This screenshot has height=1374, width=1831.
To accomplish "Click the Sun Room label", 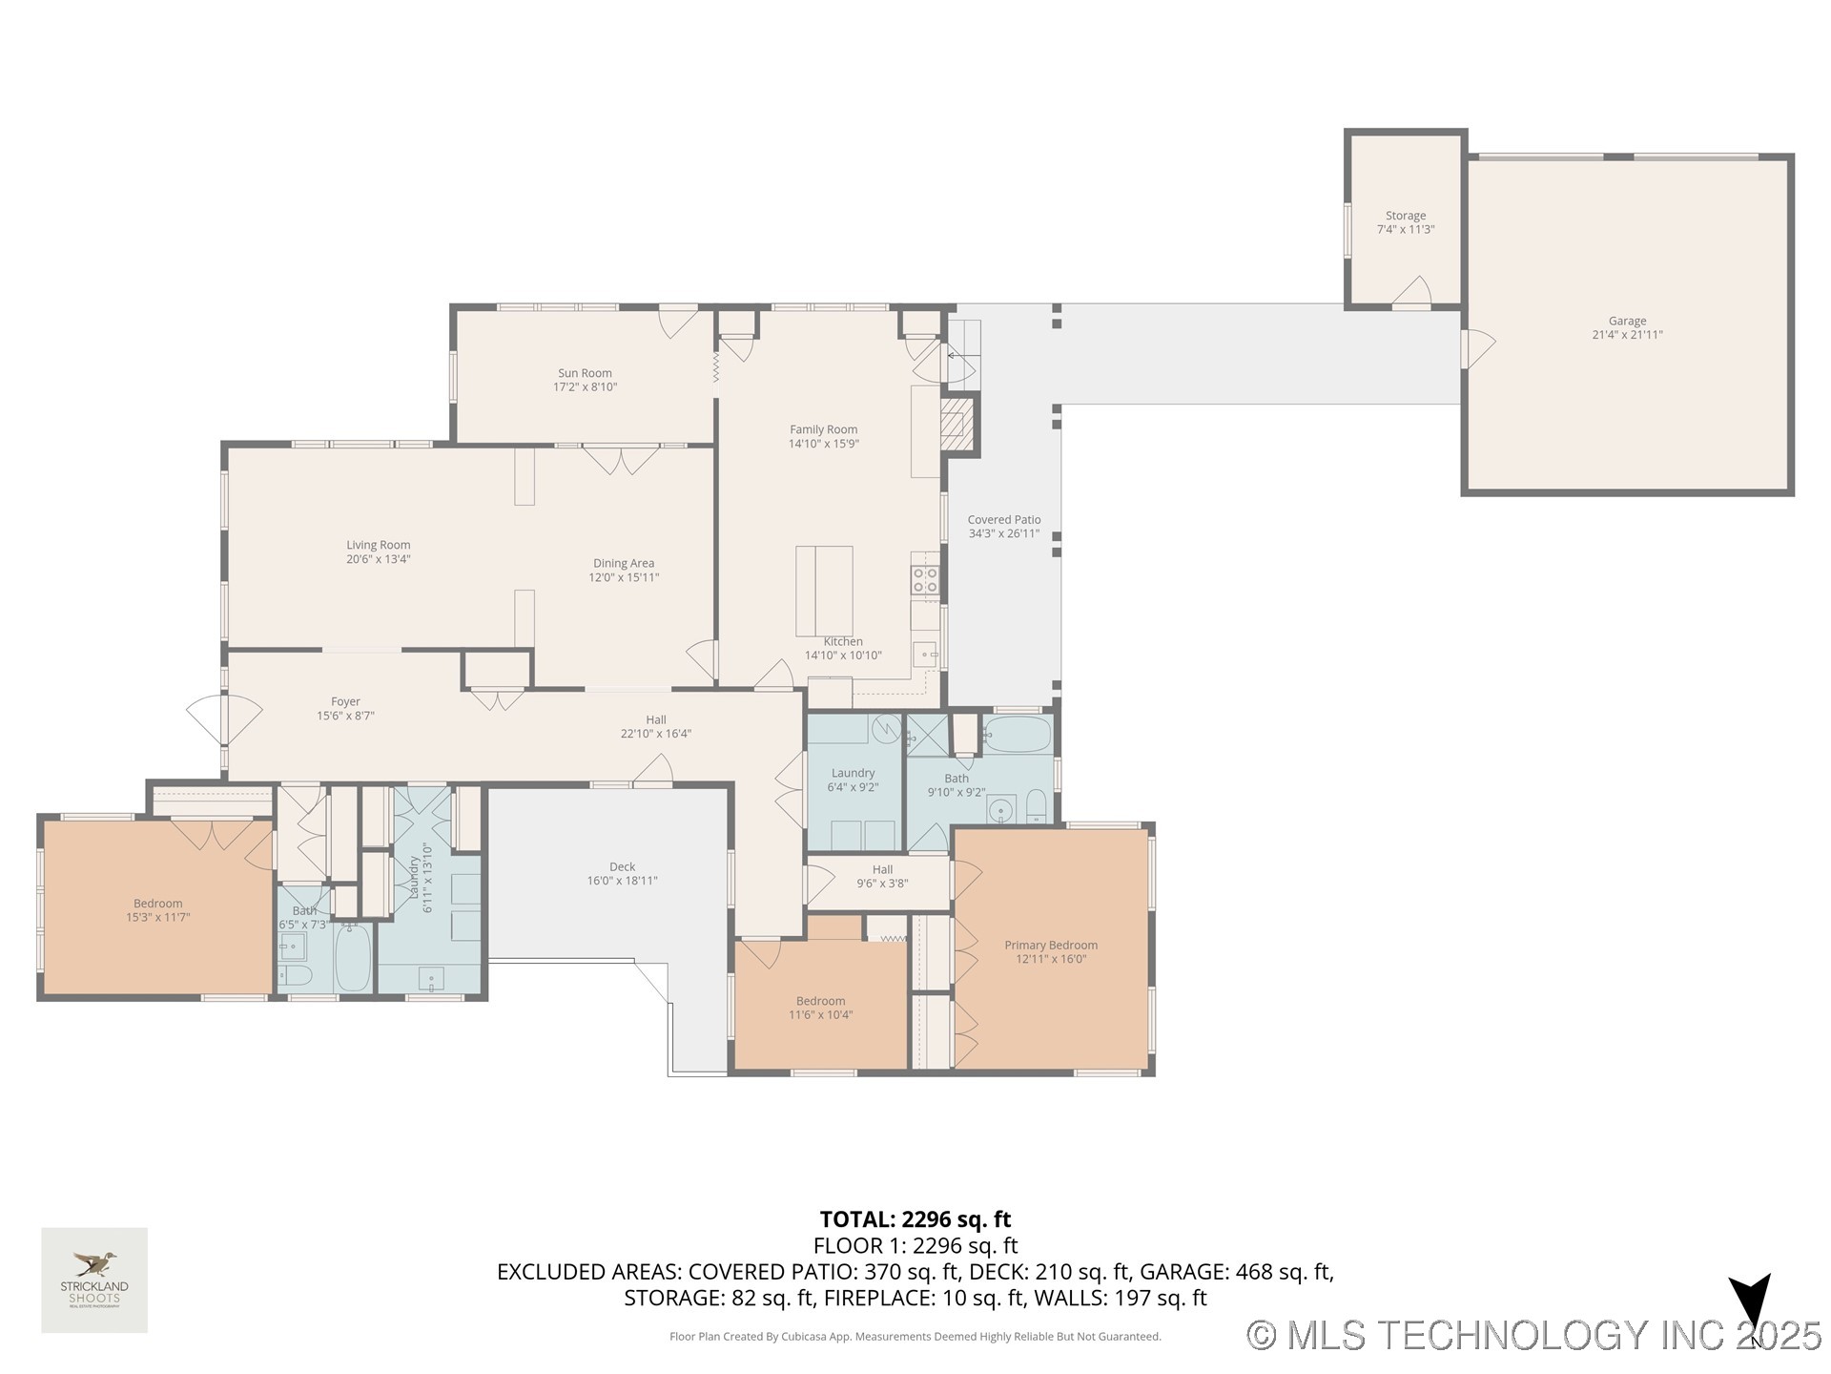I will coord(585,373).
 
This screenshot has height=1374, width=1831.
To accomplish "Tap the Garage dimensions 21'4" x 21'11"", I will coord(1627,335).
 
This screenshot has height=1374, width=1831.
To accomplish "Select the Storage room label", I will coord(1405,216).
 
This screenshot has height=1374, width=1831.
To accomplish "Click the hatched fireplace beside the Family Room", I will coord(957,424).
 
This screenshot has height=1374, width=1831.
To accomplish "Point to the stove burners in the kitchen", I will coord(925,579).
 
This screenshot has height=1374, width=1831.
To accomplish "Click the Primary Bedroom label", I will coord(1050,945).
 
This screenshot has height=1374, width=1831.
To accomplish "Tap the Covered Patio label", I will coord(1003,520).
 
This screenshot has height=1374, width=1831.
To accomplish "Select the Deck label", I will coord(622,866).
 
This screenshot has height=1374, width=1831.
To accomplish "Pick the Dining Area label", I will coord(623,563).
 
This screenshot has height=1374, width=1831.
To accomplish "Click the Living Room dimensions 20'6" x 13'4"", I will coord(378,559).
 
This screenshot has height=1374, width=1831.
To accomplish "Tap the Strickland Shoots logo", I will coord(93,1280).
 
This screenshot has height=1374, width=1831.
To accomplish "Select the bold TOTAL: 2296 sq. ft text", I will coord(915,1218).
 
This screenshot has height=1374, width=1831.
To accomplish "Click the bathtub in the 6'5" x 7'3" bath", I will coord(352,957).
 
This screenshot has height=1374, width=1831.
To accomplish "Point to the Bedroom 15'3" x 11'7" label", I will coord(157,904).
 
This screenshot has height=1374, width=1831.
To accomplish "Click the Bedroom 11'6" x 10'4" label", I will coord(820,1001).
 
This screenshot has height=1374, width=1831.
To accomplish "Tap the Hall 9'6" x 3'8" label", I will coord(882,869).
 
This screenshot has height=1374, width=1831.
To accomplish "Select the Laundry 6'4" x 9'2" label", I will coord(853,773).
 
